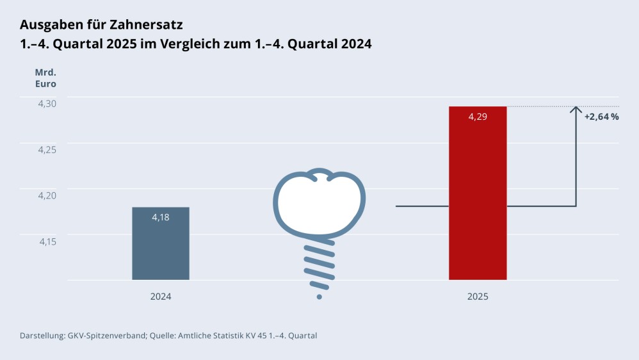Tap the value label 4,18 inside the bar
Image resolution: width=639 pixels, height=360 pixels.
coord(161,218)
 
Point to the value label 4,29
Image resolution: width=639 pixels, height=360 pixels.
coord(478,117)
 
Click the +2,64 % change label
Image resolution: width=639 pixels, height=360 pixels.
coord(601,117)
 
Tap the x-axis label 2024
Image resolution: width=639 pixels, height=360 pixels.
coord(161,297)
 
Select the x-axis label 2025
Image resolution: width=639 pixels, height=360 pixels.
coord(478,297)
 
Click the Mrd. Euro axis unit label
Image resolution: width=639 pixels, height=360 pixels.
coord(45,78)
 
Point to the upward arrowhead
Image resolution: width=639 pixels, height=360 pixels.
coord(576,110)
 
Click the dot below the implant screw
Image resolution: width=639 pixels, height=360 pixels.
coord(319,297)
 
